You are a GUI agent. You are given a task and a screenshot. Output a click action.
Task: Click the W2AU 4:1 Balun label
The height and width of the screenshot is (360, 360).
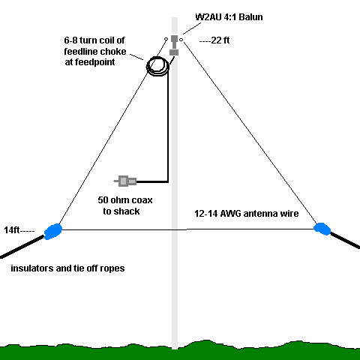(x=229, y=17)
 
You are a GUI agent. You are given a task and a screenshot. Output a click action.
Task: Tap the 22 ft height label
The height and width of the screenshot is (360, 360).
(x=214, y=40)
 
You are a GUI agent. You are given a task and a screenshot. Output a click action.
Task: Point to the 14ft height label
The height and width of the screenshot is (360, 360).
(x=19, y=230)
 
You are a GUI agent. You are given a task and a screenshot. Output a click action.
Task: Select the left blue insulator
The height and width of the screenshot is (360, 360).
(x=53, y=232)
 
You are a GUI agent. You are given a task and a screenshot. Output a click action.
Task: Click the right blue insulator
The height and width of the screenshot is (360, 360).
(x=322, y=229)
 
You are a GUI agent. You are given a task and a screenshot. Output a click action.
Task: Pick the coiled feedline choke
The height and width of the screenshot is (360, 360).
(x=158, y=66)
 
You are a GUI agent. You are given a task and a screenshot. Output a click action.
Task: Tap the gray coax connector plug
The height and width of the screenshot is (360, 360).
(x=125, y=181)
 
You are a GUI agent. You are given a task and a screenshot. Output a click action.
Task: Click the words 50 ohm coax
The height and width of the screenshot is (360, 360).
(x=125, y=200)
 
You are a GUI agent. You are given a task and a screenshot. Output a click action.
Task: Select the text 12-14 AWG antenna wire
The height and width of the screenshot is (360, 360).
(x=247, y=214)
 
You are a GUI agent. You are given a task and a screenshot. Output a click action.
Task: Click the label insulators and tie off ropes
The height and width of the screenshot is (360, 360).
(x=67, y=268)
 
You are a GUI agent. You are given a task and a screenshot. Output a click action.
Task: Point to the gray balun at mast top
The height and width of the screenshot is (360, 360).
(x=174, y=45)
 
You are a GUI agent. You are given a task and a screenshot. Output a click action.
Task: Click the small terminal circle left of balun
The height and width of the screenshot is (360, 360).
(x=166, y=39)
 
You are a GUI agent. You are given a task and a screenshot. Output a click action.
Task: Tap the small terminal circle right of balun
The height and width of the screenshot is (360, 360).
(x=181, y=40)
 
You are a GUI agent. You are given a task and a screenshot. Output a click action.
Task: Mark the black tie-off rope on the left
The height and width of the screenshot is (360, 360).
(x=22, y=247)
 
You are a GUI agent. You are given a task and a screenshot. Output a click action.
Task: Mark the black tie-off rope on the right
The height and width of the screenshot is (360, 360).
(x=345, y=241)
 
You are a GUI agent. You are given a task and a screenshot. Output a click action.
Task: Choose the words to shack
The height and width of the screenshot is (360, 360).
(x=121, y=211)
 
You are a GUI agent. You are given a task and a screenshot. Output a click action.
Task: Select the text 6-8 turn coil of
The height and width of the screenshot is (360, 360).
(x=94, y=40)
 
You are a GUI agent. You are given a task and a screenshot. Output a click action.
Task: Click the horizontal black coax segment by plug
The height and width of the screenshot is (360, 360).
(x=152, y=181)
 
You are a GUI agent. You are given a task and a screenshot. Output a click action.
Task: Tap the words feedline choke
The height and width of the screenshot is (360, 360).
(x=95, y=51)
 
